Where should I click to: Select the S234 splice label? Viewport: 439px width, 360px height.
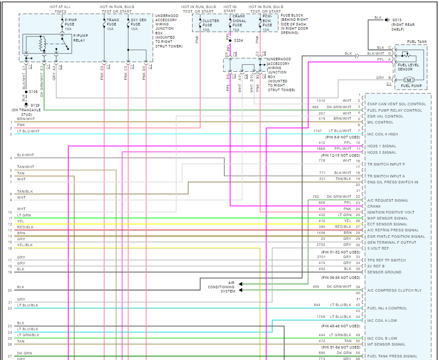(x=238, y=40)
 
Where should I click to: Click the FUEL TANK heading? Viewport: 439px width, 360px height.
(x=417, y=42)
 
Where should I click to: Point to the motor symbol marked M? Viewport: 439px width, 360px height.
(x=409, y=80)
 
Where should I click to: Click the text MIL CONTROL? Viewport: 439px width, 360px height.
(x=380, y=122)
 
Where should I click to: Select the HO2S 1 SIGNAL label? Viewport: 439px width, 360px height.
(x=382, y=146)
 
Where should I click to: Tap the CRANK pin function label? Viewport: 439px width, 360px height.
(x=374, y=206)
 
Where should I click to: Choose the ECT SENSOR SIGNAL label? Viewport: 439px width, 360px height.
(x=387, y=224)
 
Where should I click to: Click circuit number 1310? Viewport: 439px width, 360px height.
(x=321, y=101)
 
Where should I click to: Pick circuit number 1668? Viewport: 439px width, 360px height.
(x=321, y=149)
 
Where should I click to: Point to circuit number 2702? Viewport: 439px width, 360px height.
(x=321, y=245)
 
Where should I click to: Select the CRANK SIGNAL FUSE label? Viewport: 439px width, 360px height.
(x=239, y=21)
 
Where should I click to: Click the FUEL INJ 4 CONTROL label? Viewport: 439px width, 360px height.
(x=387, y=308)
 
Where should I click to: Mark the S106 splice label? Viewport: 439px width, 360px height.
(x=33, y=92)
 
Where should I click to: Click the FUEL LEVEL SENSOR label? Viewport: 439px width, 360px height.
(x=405, y=67)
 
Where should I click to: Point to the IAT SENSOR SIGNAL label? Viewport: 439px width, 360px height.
(x=386, y=344)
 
